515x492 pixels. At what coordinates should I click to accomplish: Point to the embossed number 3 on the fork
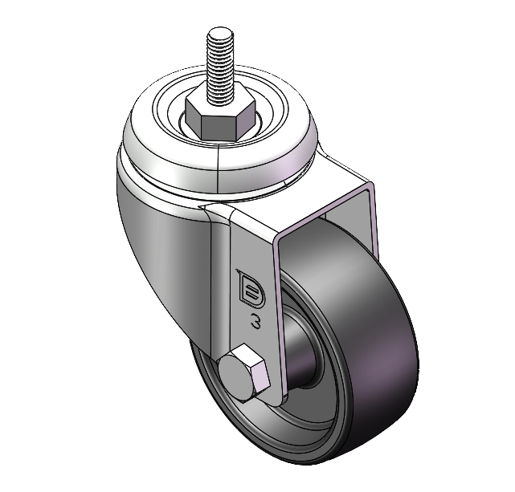[255, 320]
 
